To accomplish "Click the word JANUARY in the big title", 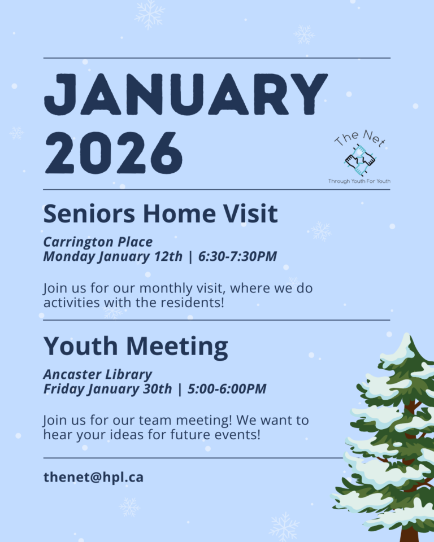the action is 186,94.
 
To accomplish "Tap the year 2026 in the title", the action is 114,153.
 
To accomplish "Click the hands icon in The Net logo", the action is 360,160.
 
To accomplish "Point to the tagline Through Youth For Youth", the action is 359,181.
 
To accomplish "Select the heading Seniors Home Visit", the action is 160,213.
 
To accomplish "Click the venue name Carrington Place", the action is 98,242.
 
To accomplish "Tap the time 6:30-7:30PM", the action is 237,256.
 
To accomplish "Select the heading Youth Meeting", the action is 136,346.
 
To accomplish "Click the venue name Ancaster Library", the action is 98,374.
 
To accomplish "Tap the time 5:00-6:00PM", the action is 227,389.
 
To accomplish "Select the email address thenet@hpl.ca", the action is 93,478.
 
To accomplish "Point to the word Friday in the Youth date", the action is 63,389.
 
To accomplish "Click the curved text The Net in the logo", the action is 361,138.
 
